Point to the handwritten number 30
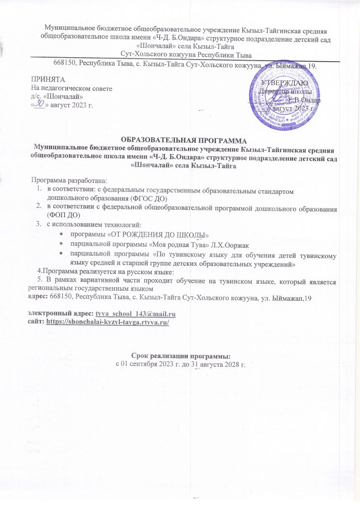[x=39, y=104]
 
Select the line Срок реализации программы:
[x=180, y=356]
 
